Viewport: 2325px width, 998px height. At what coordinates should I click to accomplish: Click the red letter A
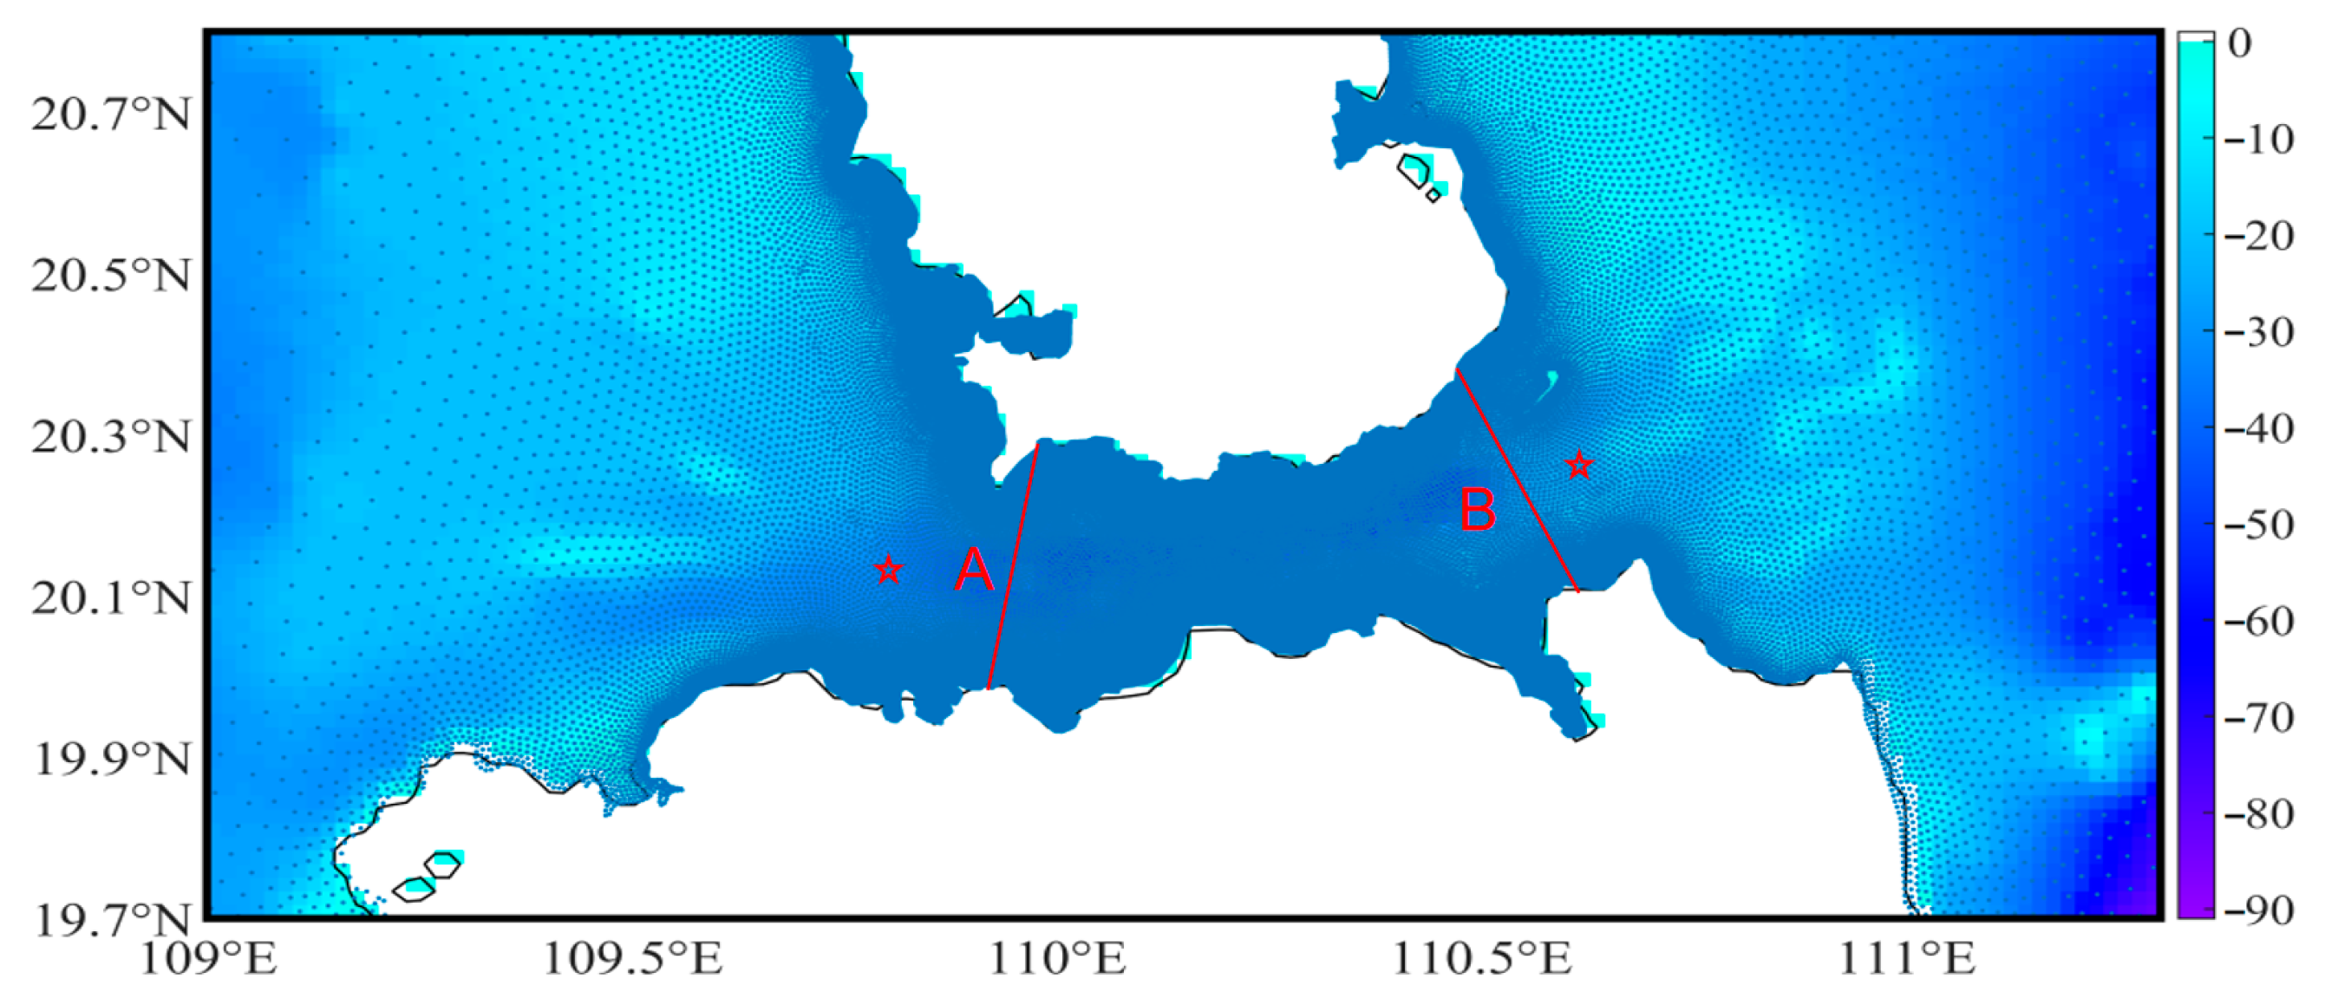[974, 571]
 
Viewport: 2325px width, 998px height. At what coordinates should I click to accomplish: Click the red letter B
[1478, 510]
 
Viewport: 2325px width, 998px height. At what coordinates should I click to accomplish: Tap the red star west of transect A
[889, 570]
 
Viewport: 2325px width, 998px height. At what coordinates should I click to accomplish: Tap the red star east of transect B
[1578, 466]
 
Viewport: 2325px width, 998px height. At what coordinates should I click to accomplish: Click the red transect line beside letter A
[1014, 566]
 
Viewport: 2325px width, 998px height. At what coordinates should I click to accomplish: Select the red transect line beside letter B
[1518, 481]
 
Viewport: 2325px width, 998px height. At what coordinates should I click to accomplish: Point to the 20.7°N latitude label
[111, 114]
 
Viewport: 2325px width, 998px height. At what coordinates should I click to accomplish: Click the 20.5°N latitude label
[111, 276]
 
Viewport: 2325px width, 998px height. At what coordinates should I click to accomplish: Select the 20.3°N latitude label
[111, 438]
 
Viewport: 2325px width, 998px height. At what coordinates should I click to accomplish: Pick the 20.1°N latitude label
[111, 598]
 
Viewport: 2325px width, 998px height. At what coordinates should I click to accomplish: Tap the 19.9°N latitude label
[111, 760]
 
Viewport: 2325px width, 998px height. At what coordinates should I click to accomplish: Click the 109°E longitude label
[208, 959]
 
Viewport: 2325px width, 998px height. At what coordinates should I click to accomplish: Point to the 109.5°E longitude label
[632, 959]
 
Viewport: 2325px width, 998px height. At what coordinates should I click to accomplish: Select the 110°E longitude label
[1057, 959]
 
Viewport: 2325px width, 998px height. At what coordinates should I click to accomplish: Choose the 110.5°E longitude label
[1481, 959]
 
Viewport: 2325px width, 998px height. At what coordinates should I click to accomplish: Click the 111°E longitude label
[1906, 959]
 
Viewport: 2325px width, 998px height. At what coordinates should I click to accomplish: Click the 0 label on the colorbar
[2240, 42]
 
